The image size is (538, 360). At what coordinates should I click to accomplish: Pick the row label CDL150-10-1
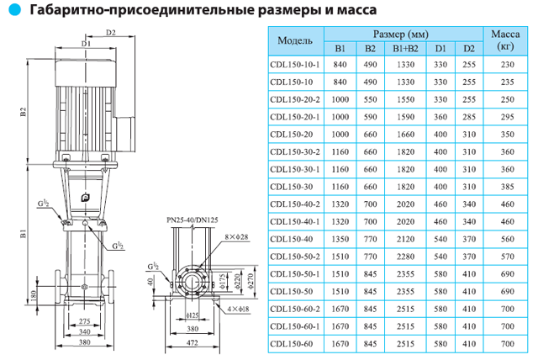[x=293, y=65]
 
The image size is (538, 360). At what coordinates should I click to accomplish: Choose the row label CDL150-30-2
[x=293, y=151]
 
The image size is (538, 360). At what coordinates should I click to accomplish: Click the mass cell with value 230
[x=506, y=65]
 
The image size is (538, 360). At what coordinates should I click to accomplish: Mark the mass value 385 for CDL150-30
[x=506, y=186]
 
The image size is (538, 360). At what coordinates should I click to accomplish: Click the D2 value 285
[x=469, y=117]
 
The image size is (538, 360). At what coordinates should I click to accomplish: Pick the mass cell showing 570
[x=506, y=256]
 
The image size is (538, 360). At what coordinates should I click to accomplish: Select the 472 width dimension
[x=194, y=344]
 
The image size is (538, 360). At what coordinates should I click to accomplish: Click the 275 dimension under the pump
[x=82, y=322]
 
